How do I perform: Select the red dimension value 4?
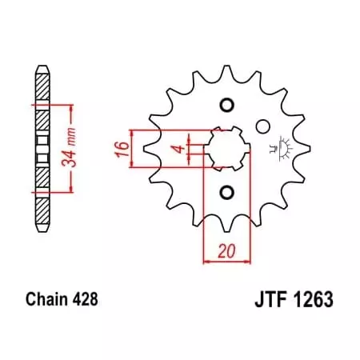click(183, 148)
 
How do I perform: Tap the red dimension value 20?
click(226, 249)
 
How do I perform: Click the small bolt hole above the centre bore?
click(226, 105)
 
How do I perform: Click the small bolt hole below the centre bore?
click(226, 191)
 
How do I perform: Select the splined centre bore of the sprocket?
click(226, 148)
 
